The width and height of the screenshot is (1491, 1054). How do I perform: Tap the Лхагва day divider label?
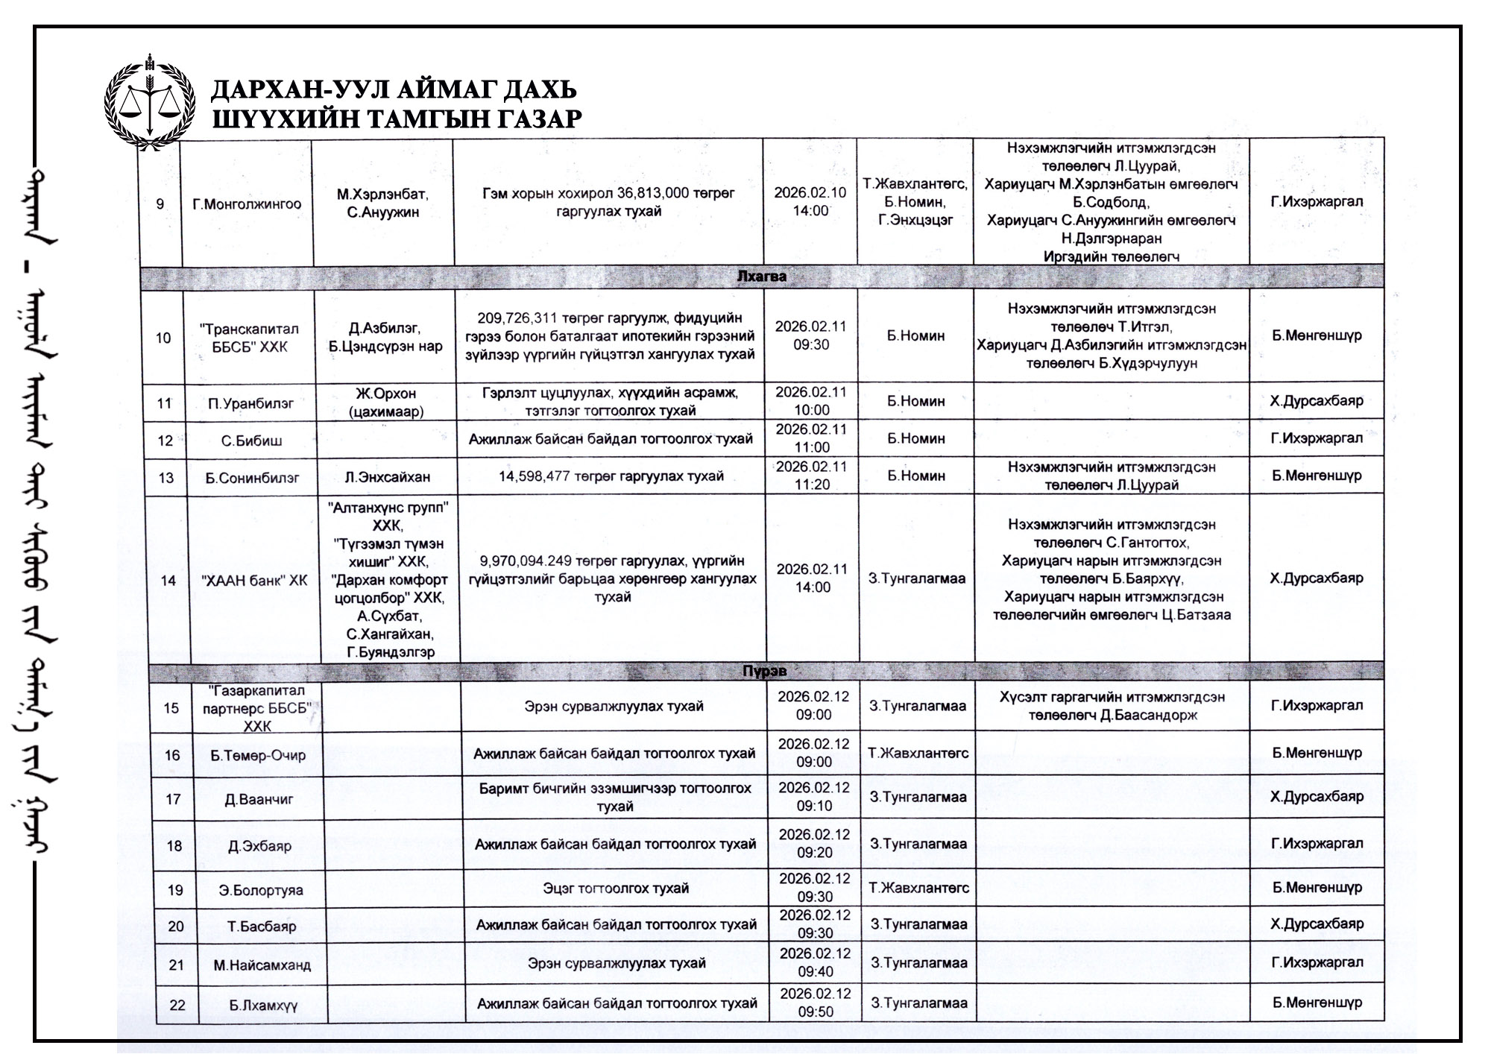tap(761, 277)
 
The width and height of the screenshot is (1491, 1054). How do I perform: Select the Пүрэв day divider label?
tap(764, 670)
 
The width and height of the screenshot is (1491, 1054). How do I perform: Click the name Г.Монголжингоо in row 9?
tap(247, 203)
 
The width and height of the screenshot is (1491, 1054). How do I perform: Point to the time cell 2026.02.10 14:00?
tap(810, 201)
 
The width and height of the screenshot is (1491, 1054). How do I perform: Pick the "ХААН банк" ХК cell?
tap(254, 580)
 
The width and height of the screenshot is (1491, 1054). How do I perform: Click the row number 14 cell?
tap(168, 580)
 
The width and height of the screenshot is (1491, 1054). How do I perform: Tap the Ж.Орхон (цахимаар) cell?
tap(385, 402)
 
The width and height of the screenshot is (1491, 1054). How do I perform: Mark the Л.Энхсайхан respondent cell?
tap(387, 476)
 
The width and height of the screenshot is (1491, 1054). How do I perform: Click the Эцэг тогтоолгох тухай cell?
tap(616, 888)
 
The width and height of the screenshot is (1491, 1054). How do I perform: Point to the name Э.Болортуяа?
tap(261, 890)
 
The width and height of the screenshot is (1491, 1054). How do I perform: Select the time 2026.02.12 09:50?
tap(815, 1003)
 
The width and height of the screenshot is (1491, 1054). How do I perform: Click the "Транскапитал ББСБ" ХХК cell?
tap(249, 338)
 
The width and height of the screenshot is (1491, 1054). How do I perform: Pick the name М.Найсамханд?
tap(262, 965)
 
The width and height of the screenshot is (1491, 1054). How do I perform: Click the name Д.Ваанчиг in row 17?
tap(259, 800)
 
